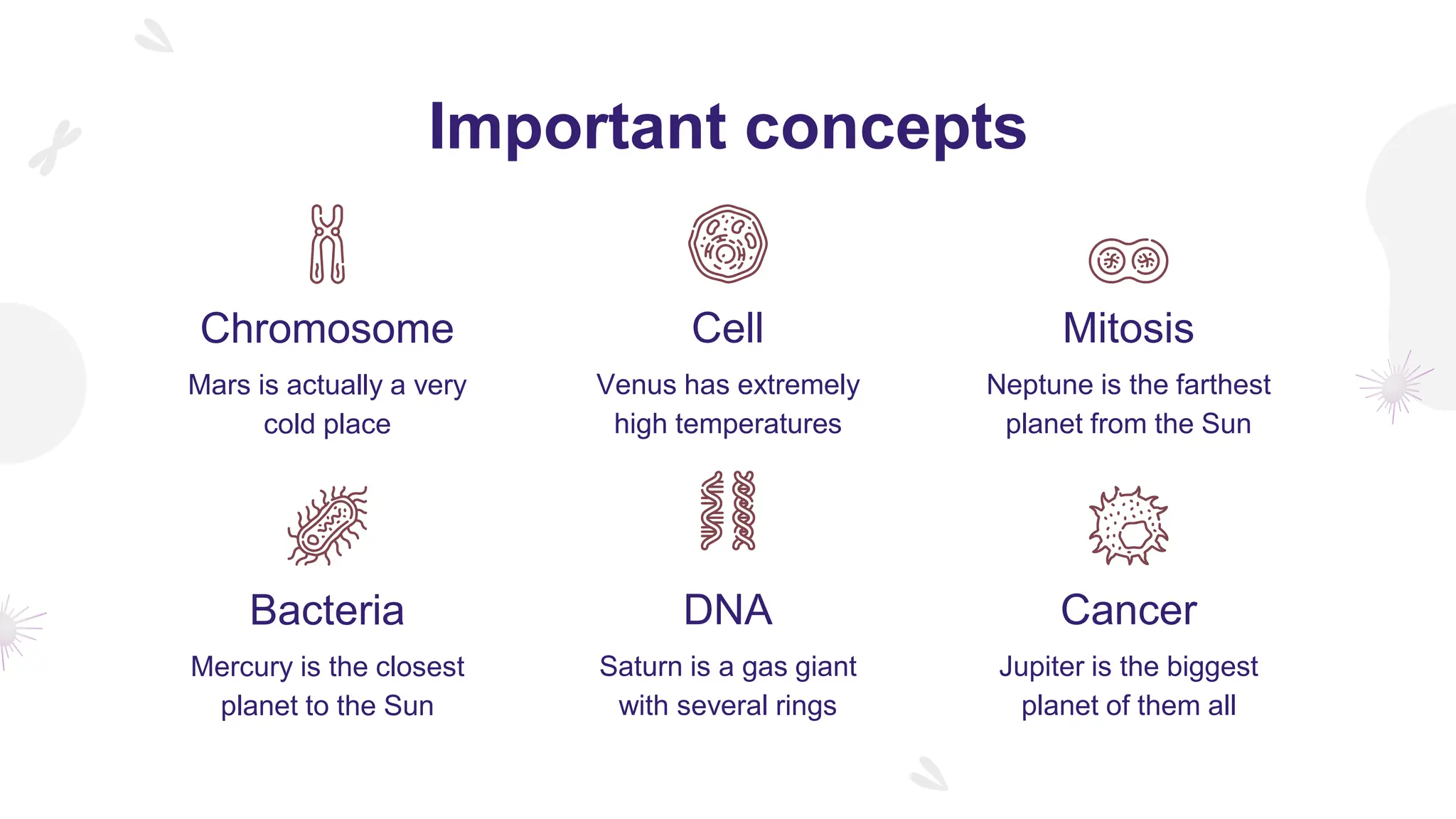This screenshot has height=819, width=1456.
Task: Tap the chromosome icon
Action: [x=327, y=244]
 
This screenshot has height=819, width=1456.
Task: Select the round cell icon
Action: [x=727, y=244]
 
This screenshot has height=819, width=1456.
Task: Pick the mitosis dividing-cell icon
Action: [x=1128, y=261]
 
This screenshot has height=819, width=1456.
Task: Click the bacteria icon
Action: [x=328, y=526]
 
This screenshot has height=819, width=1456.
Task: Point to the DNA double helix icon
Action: [x=727, y=510]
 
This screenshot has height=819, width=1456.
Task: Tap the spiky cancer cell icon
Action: [x=1128, y=526]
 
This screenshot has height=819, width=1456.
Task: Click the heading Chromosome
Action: [x=327, y=328]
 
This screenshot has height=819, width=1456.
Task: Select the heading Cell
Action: [x=727, y=328]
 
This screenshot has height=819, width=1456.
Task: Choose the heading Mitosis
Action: [x=1128, y=328]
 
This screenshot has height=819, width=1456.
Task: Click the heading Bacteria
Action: [x=327, y=610]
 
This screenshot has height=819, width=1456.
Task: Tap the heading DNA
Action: [x=727, y=610]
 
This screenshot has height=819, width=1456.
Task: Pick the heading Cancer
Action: [x=1128, y=610]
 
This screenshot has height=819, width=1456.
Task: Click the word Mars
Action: [x=219, y=385]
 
